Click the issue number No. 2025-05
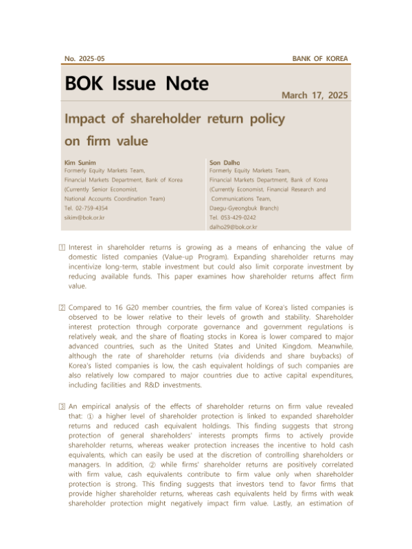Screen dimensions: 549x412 (x=84, y=60)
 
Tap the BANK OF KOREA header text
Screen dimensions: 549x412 (x=320, y=60)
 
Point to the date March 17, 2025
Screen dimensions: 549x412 (x=314, y=95)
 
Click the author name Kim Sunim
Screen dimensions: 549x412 (x=78, y=162)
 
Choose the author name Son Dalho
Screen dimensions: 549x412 (x=224, y=162)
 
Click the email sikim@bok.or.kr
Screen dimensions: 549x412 (x=84, y=216)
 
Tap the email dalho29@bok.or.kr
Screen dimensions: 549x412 (x=233, y=226)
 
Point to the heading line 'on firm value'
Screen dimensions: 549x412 (x=106, y=142)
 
